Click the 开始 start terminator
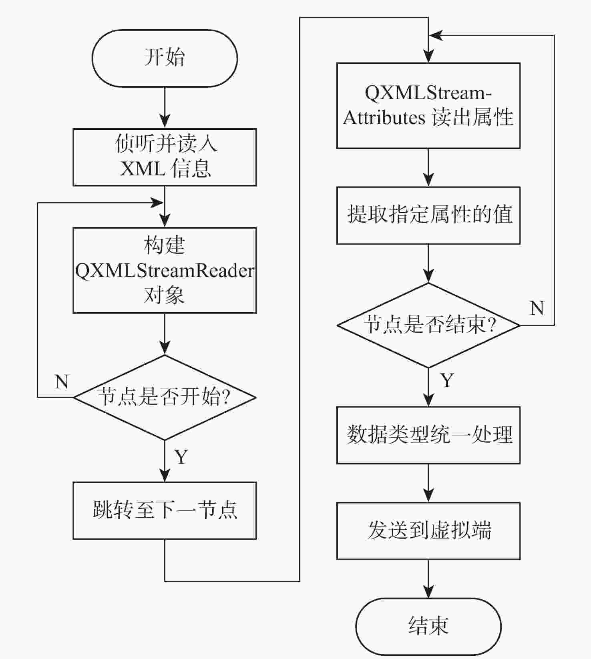(165, 58)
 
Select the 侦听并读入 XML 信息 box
(165, 157)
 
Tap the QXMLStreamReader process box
(165, 270)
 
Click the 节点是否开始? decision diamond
(165, 397)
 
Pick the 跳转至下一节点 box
(165, 510)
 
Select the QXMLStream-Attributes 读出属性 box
(428, 106)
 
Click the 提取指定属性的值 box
(428, 215)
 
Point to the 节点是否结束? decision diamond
(428, 325)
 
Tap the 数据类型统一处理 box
(428, 435)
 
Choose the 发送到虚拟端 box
(428, 531)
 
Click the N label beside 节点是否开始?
(62, 382)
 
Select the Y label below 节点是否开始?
(181, 457)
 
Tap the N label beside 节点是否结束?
(537, 308)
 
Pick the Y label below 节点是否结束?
(447, 380)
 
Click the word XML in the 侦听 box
(143, 169)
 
